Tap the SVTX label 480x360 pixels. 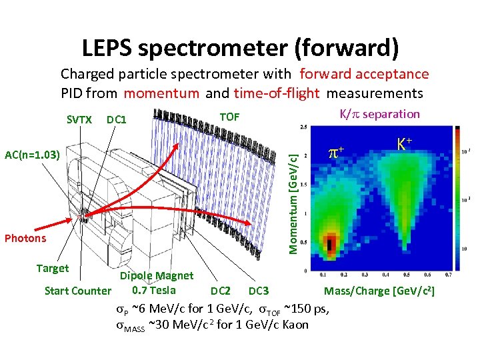click(x=79, y=119)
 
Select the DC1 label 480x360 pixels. click(x=117, y=119)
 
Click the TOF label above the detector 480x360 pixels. click(x=229, y=117)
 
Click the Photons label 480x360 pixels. click(x=25, y=238)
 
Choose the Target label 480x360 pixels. click(x=53, y=268)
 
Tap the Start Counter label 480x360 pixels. click(x=77, y=290)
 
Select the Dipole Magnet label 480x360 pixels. click(x=157, y=275)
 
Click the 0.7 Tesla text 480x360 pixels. click(x=154, y=289)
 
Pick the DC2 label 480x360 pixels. click(x=221, y=291)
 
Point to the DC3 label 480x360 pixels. click(x=259, y=291)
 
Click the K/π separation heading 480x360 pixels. click(x=380, y=113)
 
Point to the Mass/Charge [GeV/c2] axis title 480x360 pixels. click(x=380, y=290)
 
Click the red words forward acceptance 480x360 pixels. click(x=364, y=74)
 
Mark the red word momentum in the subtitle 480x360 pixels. click(x=161, y=93)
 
